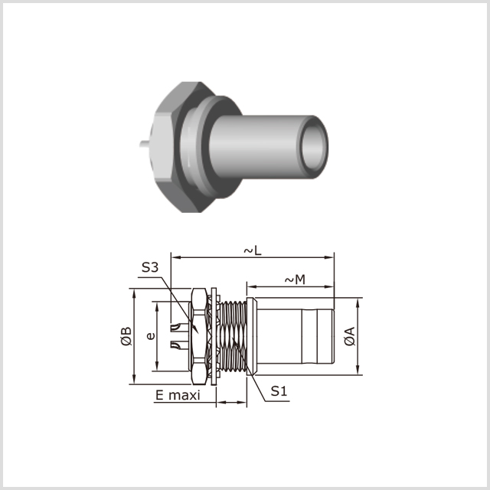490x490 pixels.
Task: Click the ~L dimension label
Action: pos(253,250)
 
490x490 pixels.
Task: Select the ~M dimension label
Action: pos(295,279)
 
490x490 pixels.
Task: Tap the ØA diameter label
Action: pos(350,336)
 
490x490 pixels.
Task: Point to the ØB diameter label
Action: pos(126,336)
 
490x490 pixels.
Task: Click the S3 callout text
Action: pos(150,267)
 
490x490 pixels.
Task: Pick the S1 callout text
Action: pos(279,391)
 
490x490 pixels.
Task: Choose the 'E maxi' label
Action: pos(178,395)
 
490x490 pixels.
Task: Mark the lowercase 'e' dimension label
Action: pos(151,336)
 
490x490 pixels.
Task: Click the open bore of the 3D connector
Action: pos(313,147)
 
